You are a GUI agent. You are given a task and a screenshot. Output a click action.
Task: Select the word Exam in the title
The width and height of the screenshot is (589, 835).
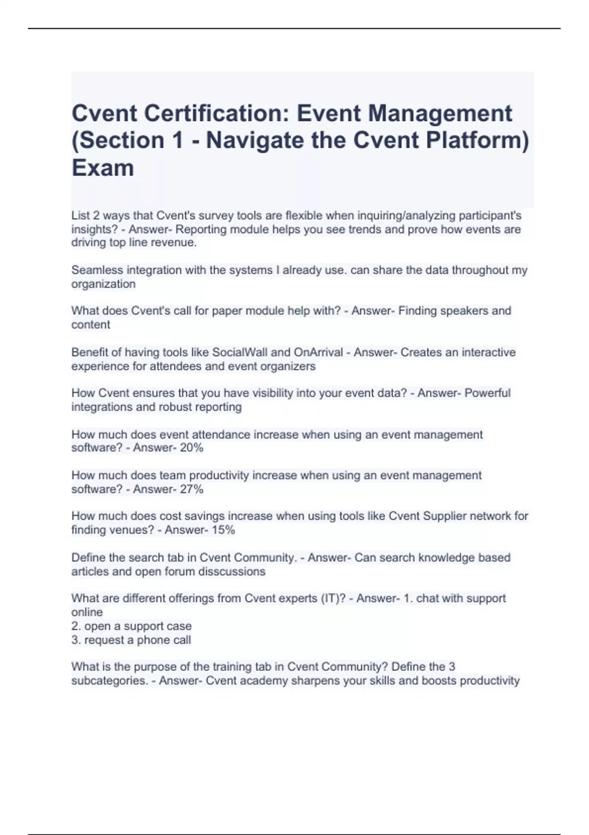(103, 167)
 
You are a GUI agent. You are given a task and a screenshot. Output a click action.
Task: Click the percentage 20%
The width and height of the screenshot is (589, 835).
(191, 447)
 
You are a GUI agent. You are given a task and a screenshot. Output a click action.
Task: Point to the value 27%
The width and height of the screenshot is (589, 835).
(191, 489)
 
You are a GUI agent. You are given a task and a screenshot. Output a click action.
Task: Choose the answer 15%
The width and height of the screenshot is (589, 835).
(223, 529)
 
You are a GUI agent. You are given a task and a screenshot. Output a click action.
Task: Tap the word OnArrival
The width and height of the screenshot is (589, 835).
(318, 352)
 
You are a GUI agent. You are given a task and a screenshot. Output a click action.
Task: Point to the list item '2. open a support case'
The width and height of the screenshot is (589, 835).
(131, 626)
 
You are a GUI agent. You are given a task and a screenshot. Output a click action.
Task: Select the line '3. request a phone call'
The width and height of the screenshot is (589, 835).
(131, 640)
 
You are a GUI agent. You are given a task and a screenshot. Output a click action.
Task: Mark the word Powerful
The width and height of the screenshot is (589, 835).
(487, 393)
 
